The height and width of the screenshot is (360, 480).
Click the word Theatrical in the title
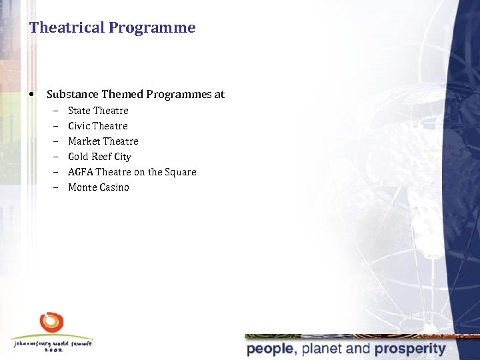[x=67, y=28]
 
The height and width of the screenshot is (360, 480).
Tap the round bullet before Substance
[x=32, y=94]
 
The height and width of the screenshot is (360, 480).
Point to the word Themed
[x=122, y=95]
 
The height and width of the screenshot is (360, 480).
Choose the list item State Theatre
[x=98, y=111]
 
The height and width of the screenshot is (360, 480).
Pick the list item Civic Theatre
[x=97, y=126]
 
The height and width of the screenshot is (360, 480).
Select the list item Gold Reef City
[x=99, y=157]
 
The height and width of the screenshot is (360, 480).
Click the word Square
[x=181, y=172]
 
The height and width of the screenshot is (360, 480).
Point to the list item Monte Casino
[x=98, y=187]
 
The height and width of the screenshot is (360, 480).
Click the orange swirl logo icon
[x=51, y=323]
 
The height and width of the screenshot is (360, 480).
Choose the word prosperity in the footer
[x=409, y=349]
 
